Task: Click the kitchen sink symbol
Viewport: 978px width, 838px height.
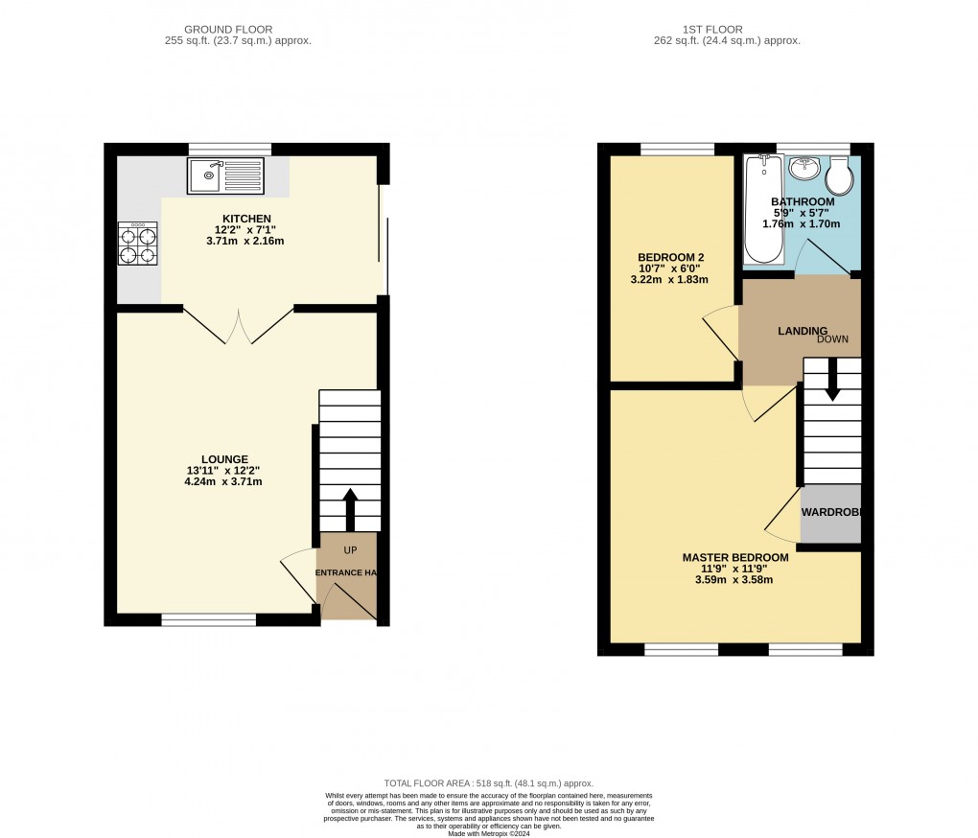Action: pos(224,175)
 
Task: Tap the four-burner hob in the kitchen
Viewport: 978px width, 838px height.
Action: pos(137,244)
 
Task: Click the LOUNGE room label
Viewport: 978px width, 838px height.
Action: pos(225,458)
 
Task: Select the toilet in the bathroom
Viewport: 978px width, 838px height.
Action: pos(839,175)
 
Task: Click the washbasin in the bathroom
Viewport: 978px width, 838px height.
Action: pos(803,170)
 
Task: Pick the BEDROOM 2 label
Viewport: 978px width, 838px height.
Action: pos(671,257)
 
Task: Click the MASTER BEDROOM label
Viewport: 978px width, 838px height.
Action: pos(735,557)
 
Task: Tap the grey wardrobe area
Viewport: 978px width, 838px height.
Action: pos(830,514)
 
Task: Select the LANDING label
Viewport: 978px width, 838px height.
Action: pos(802,331)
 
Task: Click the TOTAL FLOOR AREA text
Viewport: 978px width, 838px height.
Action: pos(488,783)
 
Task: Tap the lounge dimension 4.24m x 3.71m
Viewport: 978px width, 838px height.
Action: pos(223,481)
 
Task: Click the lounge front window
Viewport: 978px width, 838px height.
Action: pos(208,620)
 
